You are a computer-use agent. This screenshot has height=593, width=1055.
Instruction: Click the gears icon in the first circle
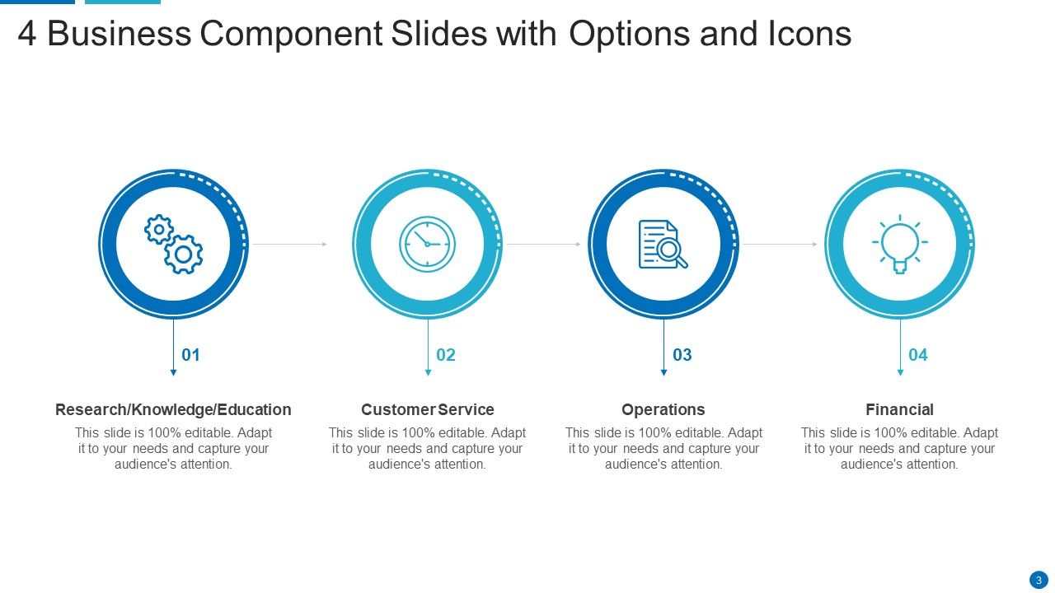pos(173,244)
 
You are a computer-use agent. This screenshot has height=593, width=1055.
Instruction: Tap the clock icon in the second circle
pos(427,244)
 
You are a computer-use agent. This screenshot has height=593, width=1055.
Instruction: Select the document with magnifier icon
pos(663,244)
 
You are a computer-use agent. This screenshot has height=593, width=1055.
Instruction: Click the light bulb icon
pos(899,244)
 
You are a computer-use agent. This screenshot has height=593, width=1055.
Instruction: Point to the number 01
pos(191,355)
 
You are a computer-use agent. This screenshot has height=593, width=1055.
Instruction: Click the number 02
pos(446,355)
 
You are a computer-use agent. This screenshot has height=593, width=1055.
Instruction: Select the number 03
pos(682,355)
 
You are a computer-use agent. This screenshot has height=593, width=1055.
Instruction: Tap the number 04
pos(918,355)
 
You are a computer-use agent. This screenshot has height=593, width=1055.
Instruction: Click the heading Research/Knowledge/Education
pos(173,409)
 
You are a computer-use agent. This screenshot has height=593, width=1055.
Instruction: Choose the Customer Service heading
pos(427,409)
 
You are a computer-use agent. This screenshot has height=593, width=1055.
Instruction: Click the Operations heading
pos(663,409)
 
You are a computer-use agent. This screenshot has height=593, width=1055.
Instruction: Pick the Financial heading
pos(899,409)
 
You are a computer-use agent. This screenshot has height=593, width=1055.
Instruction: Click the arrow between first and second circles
pos(289,244)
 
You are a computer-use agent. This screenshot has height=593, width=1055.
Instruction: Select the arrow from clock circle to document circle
pos(543,244)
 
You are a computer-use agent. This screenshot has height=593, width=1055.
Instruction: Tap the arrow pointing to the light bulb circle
pos(780,244)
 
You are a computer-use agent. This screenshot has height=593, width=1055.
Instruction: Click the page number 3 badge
pos(1039,580)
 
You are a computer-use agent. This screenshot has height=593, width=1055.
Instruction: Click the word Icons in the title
pos(808,35)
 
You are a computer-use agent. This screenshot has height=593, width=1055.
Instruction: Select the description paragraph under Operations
pos(663,448)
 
